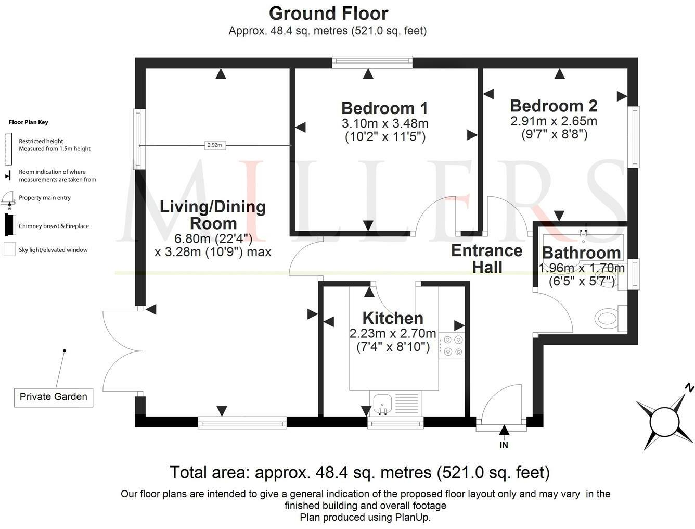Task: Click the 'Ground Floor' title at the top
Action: tap(328, 13)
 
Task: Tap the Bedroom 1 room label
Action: tap(384, 108)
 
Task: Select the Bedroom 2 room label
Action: tap(554, 106)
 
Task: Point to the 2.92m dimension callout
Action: tap(214, 146)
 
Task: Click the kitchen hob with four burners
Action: tap(451, 346)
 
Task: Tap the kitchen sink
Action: tap(382, 404)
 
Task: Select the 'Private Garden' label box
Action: tap(54, 397)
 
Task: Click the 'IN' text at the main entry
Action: tap(504, 445)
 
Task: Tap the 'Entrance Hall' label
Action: tap(487, 259)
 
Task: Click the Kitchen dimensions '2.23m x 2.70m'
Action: tap(393, 333)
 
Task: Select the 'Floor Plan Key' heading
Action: tap(29, 122)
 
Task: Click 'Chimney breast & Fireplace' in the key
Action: tap(54, 226)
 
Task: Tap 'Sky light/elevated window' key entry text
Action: tap(53, 250)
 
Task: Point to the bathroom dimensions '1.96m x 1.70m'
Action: tap(582, 269)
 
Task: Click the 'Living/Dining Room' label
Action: tap(213, 215)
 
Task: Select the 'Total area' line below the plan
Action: tap(359, 473)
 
